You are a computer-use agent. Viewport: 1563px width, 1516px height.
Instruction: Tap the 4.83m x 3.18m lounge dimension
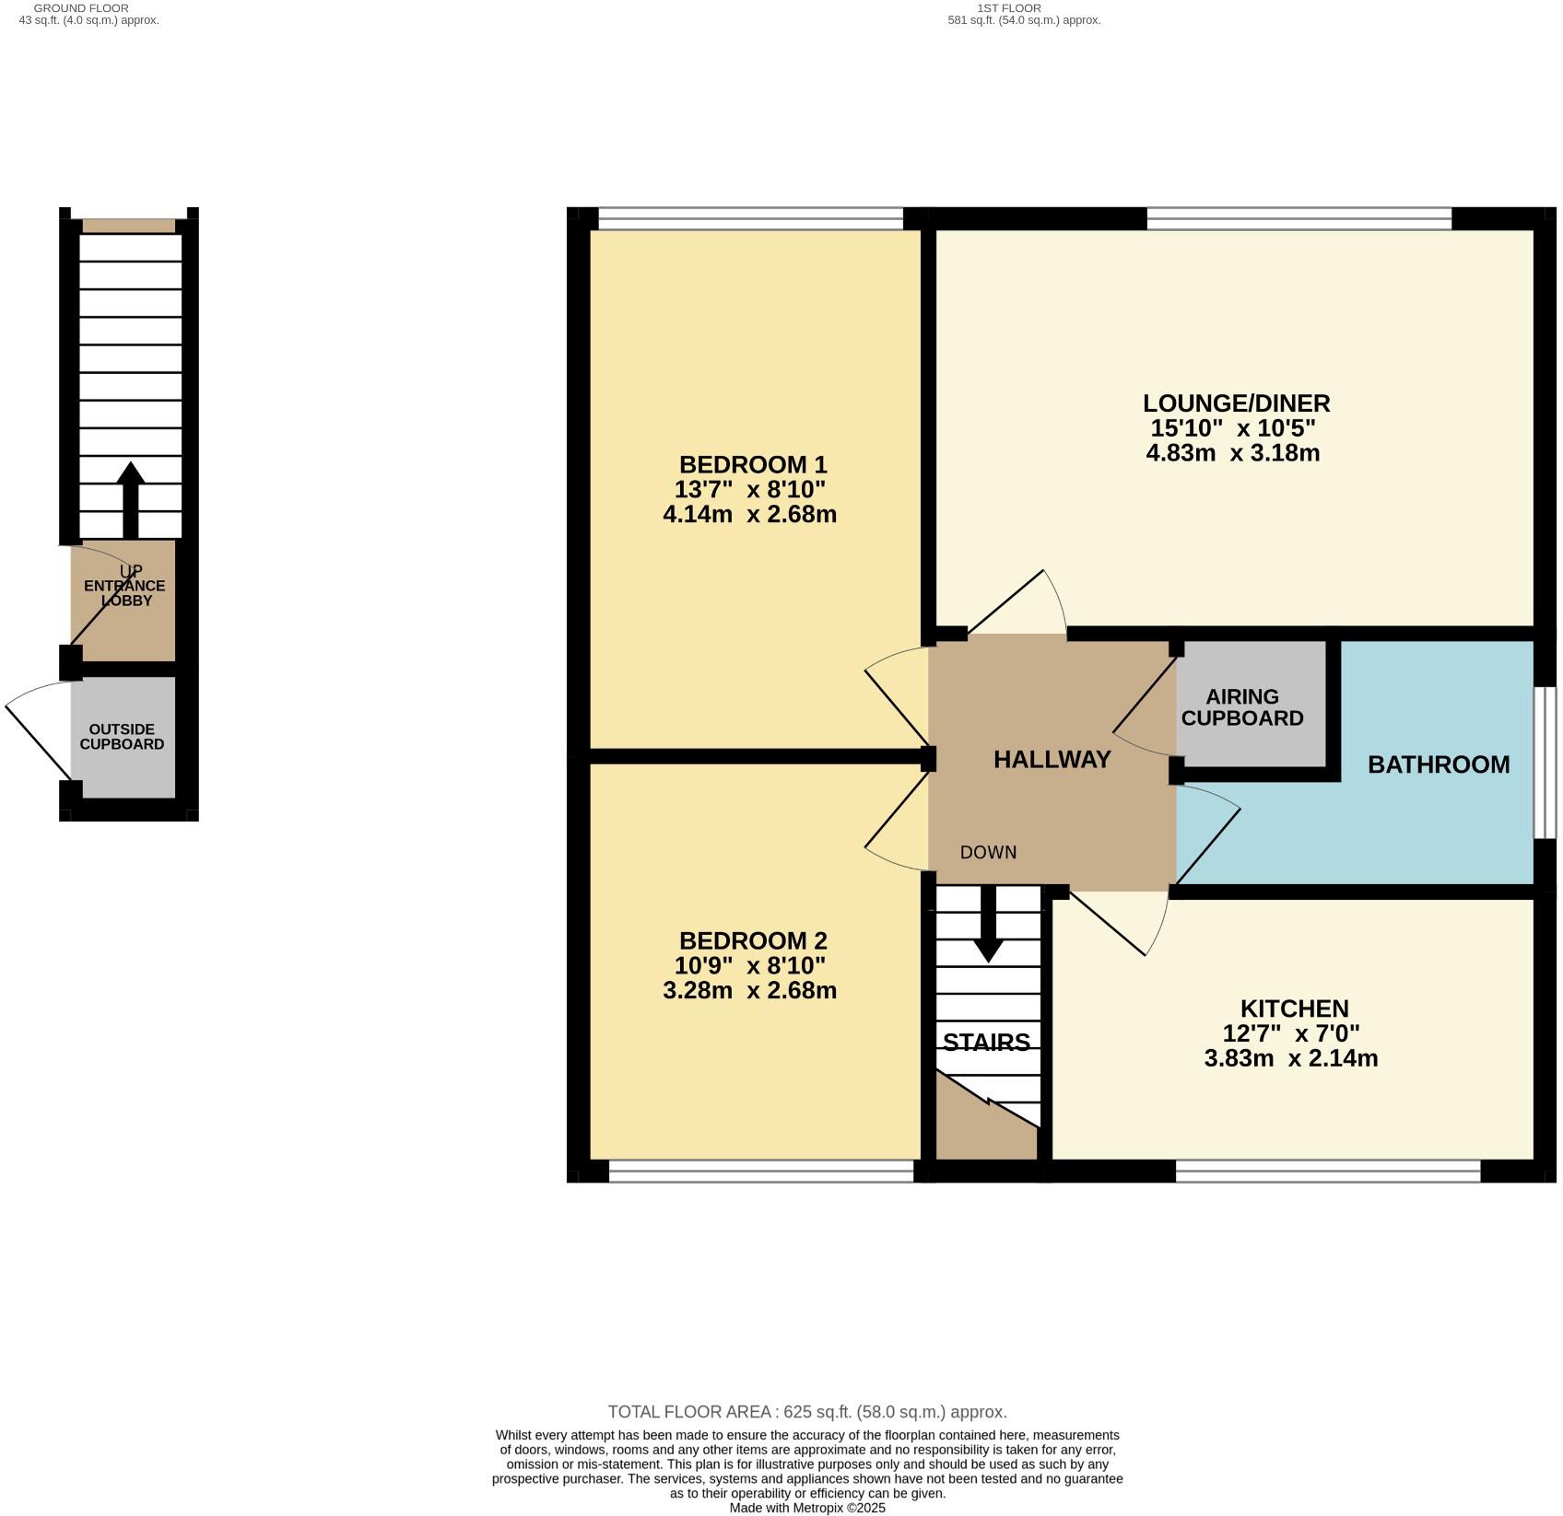pos(1232,453)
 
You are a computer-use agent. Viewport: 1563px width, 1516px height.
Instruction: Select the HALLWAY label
pos(1052,760)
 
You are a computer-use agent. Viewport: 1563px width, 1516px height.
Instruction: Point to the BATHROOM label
pos(1438,764)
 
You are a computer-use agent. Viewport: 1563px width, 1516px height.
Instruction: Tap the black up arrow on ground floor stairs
pos(130,497)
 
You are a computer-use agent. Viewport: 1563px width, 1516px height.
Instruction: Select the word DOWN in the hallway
pos(988,853)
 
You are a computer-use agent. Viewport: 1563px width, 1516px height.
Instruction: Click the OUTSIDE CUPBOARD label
pos(122,737)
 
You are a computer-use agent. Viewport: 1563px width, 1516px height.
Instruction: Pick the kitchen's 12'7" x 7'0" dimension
pos(1290,1033)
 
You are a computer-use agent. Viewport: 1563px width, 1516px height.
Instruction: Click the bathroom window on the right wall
pos(1545,763)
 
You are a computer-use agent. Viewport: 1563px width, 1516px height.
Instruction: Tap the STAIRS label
pos(986,1043)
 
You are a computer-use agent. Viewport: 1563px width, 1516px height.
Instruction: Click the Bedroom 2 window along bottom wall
pos(761,1171)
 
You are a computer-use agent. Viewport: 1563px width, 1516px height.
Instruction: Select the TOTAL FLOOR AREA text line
pos(807,1412)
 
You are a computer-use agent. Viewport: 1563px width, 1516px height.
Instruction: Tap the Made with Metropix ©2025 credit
pos(807,1509)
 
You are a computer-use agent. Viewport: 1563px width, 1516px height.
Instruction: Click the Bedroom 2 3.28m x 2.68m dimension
pos(749,991)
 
